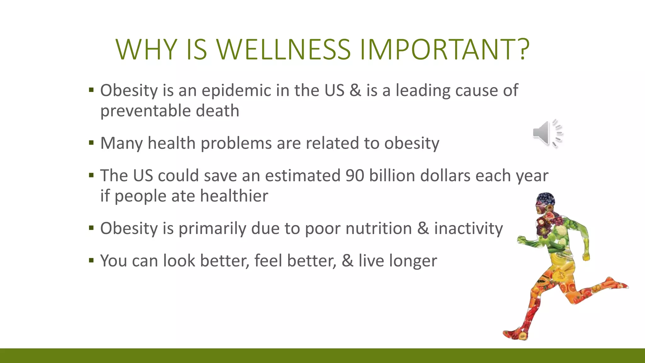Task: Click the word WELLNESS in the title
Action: [283, 49]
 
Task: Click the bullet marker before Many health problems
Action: [91, 143]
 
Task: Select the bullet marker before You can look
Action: [91, 261]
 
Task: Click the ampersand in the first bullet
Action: [355, 90]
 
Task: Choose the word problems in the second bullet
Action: [236, 143]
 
